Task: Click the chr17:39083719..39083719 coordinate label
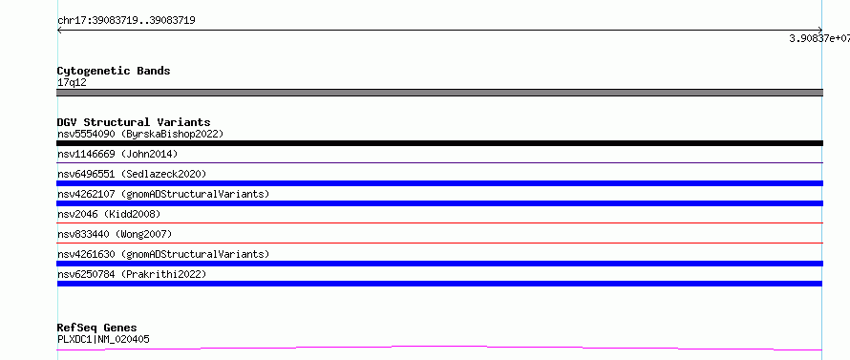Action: (x=126, y=21)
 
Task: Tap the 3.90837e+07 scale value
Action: (x=819, y=38)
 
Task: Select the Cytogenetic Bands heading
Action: (x=114, y=71)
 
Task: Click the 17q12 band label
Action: (x=72, y=83)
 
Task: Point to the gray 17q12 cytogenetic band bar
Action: (x=439, y=93)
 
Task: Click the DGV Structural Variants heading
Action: (x=134, y=122)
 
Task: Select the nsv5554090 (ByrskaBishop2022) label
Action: (x=140, y=134)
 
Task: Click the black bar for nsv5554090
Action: (x=439, y=143)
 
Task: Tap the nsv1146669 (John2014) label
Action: (x=117, y=154)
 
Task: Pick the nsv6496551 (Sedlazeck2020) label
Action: (x=132, y=174)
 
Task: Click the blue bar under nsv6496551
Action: (x=439, y=183)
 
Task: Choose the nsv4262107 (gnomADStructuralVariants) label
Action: (x=163, y=194)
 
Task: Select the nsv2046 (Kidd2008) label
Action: (x=109, y=214)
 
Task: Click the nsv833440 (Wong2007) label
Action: (x=115, y=234)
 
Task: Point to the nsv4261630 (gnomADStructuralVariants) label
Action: (x=163, y=254)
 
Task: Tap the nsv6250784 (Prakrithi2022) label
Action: (x=132, y=274)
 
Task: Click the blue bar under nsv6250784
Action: (x=439, y=284)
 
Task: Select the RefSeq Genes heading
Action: (x=97, y=328)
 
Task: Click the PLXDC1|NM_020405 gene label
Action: (x=103, y=340)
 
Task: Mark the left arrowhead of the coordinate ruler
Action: (x=58, y=31)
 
